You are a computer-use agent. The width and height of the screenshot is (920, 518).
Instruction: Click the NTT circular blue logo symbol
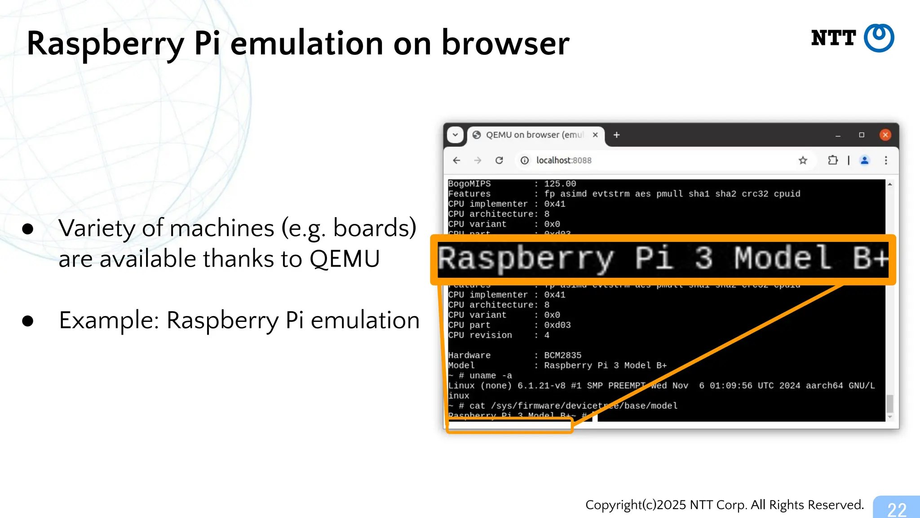point(879,38)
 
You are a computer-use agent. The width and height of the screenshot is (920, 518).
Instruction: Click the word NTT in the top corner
point(833,38)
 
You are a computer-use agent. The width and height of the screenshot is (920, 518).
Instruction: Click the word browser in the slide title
point(505,44)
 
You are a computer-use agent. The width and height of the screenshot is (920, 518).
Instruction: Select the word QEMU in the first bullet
point(345,259)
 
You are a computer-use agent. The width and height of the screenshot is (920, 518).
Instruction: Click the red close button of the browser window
point(885,135)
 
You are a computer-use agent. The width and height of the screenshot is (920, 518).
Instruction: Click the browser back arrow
point(457,161)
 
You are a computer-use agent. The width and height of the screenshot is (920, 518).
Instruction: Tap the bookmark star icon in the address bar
point(803,161)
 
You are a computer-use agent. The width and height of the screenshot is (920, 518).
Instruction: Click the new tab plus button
point(617,135)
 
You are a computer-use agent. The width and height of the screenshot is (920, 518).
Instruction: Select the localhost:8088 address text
point(564,161)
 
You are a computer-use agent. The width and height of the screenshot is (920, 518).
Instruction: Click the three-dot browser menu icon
point(886,161)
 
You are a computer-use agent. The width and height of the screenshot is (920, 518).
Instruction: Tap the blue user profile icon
point(864,161)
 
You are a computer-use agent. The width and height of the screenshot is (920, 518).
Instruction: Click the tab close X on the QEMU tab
point(595,135)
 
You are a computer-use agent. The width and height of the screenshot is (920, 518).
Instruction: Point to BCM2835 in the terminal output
point(562,355)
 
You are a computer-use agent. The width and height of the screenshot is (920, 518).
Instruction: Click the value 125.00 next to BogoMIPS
point(560,184)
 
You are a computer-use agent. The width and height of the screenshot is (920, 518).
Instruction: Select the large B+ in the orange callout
point(871,259)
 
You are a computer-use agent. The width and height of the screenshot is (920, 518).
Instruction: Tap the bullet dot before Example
point(28,321)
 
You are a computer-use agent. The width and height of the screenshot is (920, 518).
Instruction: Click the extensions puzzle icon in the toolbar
point(833,161)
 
